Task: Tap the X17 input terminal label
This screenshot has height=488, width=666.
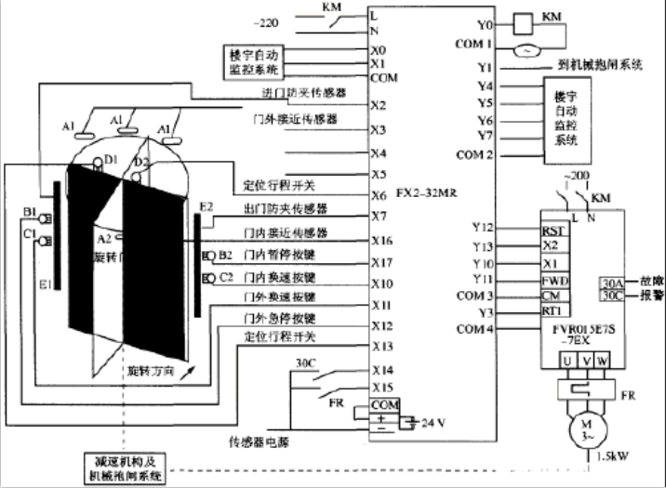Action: point(382,262)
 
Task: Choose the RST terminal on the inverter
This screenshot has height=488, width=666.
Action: point(553,230)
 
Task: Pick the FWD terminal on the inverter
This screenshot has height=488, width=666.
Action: point(554,280)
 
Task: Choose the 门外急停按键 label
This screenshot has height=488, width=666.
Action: point(279,319)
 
